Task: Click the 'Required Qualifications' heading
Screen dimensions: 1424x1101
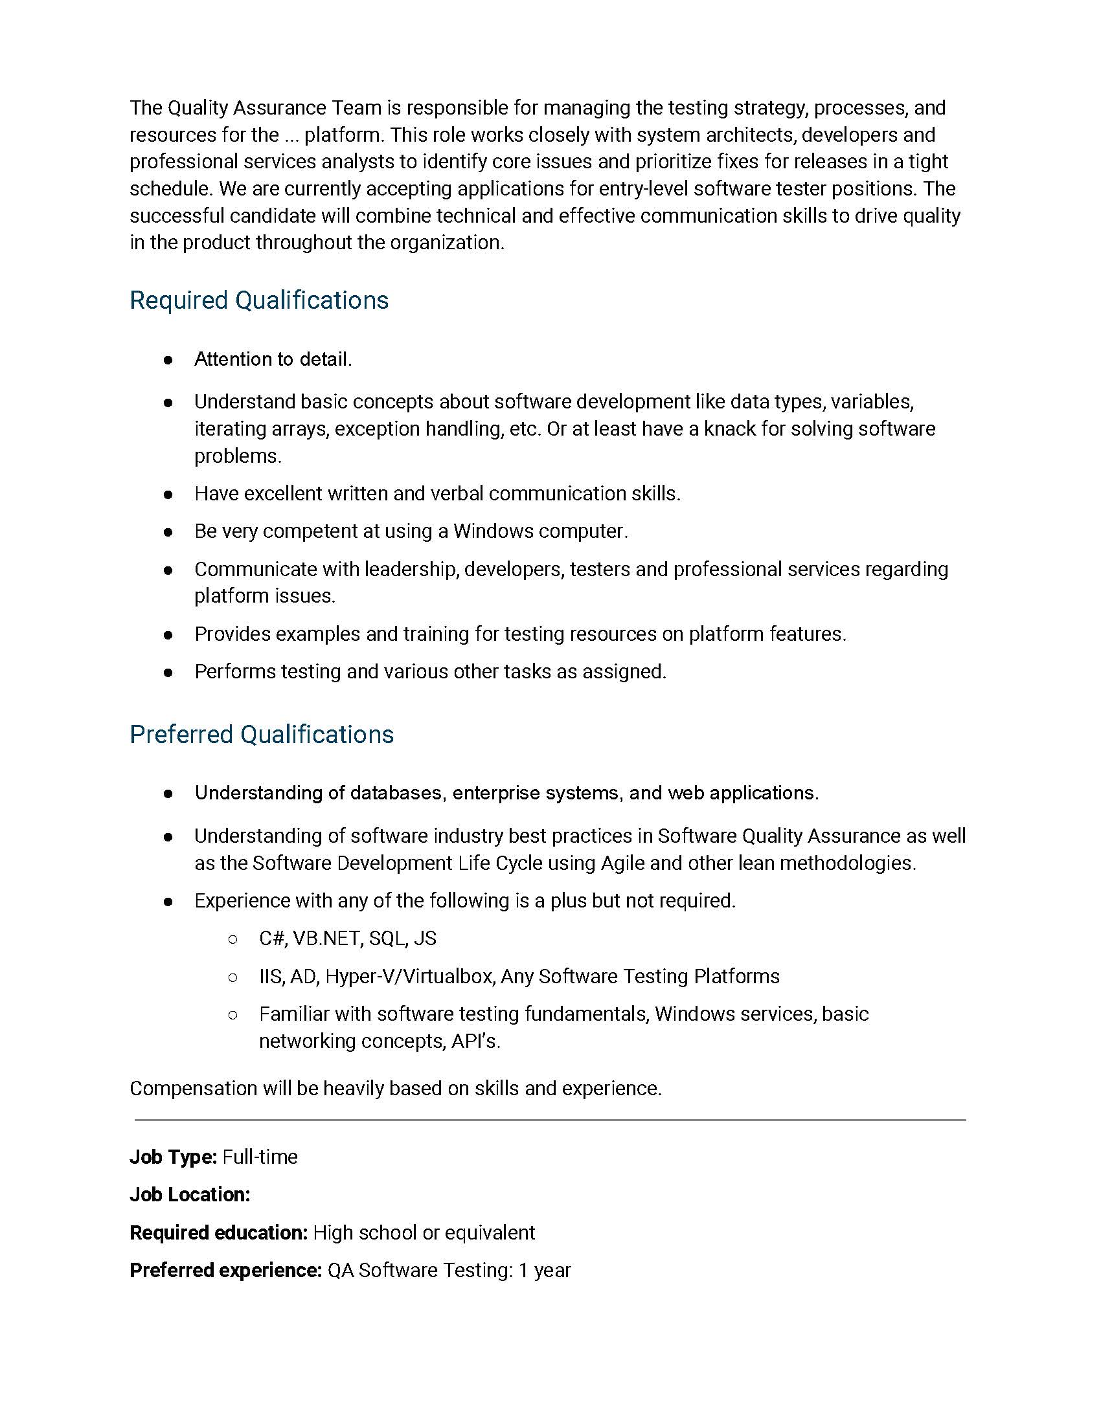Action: pyautogui.click(x=259, y=300)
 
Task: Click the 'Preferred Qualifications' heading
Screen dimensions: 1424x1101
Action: pyautogui.click(x=262, y=735)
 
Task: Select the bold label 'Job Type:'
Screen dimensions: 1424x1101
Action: pyautogui.click(x=173, y=1157)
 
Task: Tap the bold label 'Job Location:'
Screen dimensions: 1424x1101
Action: pyautogui.click(x=190, y=1194)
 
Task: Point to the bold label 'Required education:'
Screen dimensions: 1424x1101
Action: pyautogui.click(x=218, y=1232)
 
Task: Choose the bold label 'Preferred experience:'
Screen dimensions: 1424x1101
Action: pyautogui.click(x=225, y=1270)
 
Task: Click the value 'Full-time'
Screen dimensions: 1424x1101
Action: pyautogui.click(x=260, y=1157)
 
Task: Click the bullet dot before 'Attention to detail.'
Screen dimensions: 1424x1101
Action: pyautogui.click(x=168, y=360)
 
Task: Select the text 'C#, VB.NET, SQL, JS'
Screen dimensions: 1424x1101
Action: pyautogui.click(x=348, y=939)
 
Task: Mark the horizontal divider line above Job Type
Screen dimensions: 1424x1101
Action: pyautogui.click(x=550, y=1120)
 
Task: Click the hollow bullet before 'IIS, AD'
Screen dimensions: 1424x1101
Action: pyautogui.click(x=233, y=977)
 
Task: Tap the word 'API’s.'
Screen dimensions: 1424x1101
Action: pyautogui.click(x=476, y=1041)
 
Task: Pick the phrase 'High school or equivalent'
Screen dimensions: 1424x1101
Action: pyautogui.click(x=424, y=1232)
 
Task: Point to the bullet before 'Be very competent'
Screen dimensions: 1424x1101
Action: pyautogui.click(x=168, y=532)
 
